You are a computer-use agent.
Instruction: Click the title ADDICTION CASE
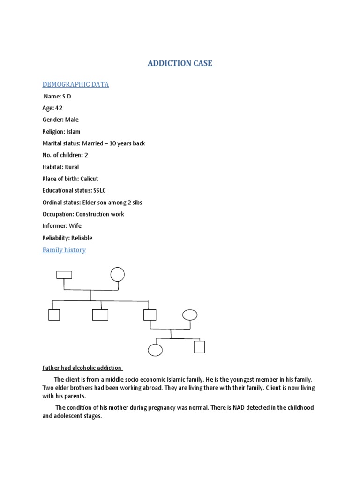tap(180, 64)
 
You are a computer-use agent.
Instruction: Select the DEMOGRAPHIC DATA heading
tap(75, 84)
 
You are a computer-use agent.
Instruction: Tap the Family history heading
tap(64, 250)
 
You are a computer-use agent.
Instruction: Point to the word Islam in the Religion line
tap(73, 132)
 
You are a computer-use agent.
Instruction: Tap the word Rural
tap(72, 167)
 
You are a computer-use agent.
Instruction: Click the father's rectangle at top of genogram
tap(64, 275)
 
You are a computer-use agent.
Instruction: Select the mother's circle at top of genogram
tap(117, 274)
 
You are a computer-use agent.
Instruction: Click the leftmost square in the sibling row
tap(54, 315)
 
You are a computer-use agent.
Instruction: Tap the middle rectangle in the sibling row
tap(100, 315)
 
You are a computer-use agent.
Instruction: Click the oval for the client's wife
tap(189, 315)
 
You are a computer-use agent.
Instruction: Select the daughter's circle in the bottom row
tap(155, 350)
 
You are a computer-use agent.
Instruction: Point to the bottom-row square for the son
tap(199, 347)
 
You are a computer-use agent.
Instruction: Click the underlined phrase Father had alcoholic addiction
tap(82, 368)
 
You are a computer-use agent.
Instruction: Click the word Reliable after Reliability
tap(82, 238)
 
